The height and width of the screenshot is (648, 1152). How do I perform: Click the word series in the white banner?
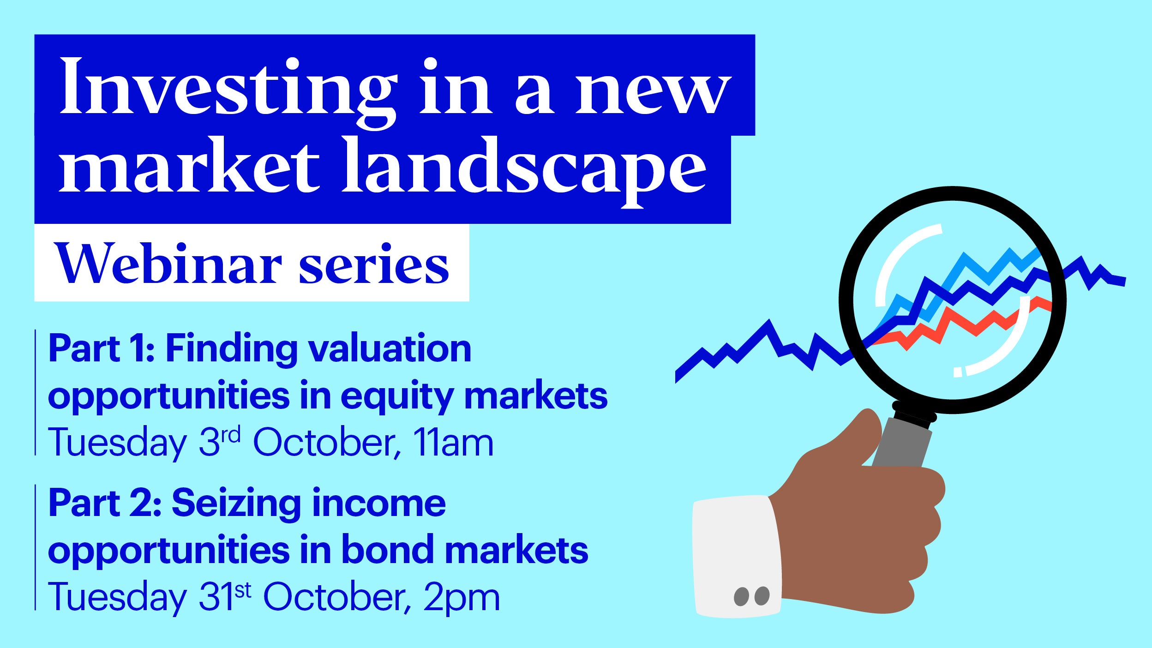coord(374,265)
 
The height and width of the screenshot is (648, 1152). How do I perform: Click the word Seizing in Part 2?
coord(235,504)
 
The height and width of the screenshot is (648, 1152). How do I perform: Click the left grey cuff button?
coord(741,597)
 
